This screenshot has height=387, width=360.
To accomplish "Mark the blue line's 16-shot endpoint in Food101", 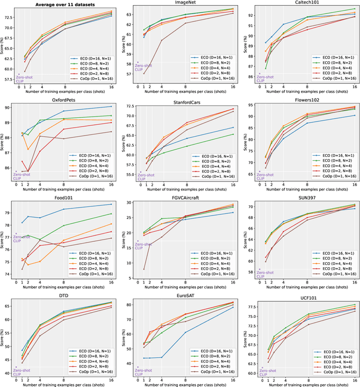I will click(111, 204).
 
